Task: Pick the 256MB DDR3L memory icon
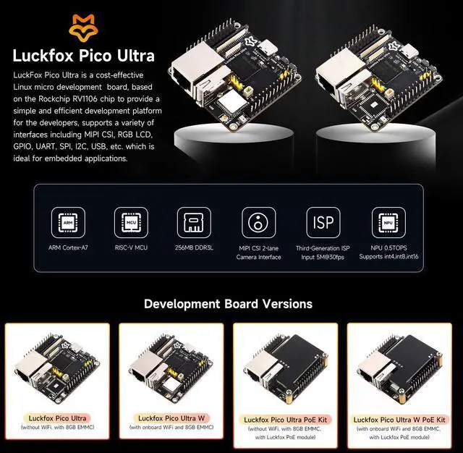coord(193,224)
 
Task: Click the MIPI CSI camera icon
coord(258,224)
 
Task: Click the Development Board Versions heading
coord(228,304)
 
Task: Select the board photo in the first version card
coord(57,365)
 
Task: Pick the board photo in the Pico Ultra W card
coord(171,365)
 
